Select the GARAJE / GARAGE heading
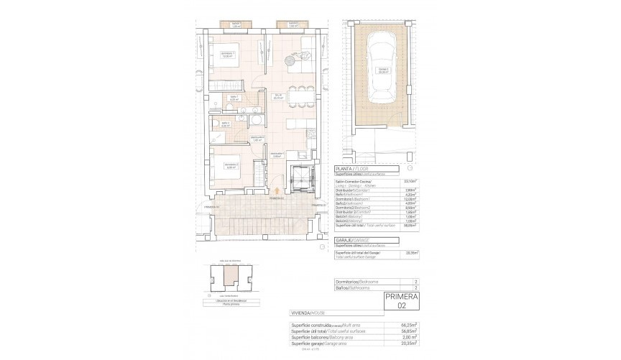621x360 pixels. tap(353, 241)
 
